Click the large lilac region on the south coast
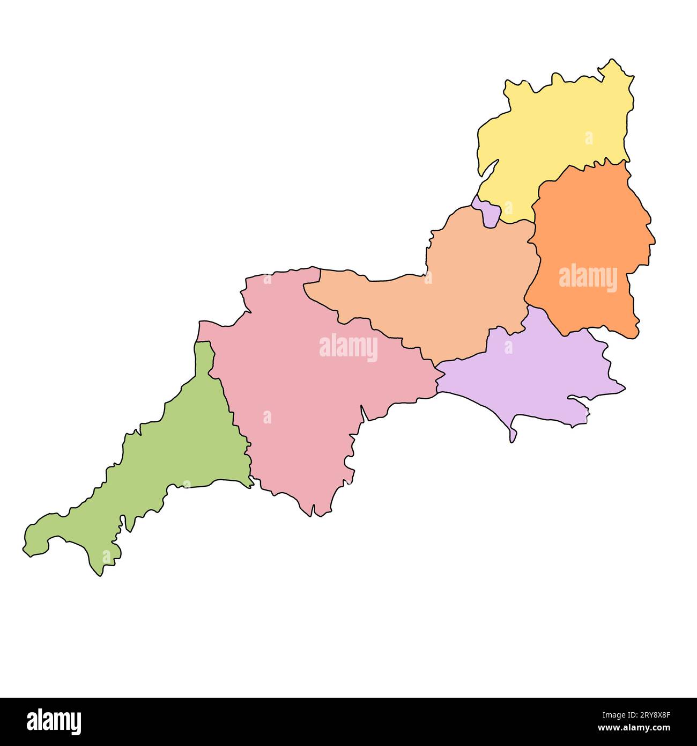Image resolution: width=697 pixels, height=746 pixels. click(x=531, y=376)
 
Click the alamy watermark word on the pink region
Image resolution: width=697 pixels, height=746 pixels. click(x=349, y=347)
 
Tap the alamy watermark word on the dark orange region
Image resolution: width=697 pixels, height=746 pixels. click(x=588, y=278)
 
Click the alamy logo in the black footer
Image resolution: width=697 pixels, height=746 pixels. click(x=54, y=721)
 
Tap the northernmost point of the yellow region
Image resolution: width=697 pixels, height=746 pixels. click(x=612, y=60)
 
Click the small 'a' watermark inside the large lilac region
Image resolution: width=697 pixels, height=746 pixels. click(x=508, y=347)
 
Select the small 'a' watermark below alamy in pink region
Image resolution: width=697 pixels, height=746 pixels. click(x=267, y=417)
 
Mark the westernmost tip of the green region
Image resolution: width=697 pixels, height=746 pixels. click(x=24, y=548)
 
